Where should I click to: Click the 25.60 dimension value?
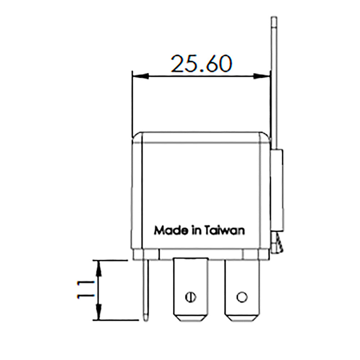click(201, 64)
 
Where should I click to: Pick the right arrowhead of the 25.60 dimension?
click(262, 76)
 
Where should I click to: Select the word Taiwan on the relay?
click(225, 230)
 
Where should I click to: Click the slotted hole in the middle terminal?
click(190, 297)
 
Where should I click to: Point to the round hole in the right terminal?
click(242, 297)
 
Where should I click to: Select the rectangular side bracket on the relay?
click(277, 191)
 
